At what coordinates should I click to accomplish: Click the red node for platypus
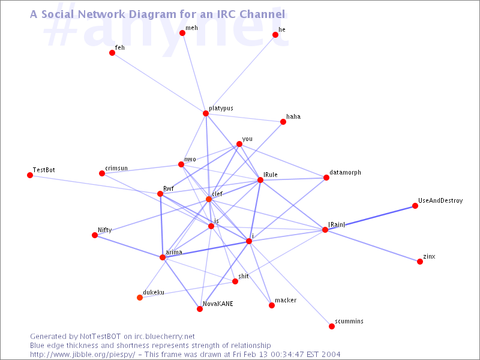[206, 113]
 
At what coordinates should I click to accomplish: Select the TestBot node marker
[30, 175]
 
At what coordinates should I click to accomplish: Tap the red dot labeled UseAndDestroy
[415, 206]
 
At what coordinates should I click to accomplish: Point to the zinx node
[420, 262]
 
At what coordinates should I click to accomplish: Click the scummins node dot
[332, 326]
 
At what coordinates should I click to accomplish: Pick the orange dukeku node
[140, 298]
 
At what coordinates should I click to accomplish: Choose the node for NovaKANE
[200, 309]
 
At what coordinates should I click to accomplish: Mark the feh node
[112, 53]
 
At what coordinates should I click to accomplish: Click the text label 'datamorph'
[346, 173]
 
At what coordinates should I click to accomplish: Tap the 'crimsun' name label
[116, 169]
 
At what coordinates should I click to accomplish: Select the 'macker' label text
[286, 300]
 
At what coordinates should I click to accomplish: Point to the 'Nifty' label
[104, 230]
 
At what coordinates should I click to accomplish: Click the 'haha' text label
[293, 116]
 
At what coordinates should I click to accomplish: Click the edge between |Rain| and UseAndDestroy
[370, 218]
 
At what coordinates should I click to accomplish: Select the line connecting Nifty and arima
[128, 246]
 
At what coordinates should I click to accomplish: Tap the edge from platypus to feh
[159, 83]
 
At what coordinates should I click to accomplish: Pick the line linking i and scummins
[290, 284]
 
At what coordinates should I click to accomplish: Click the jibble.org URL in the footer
[82, 355]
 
